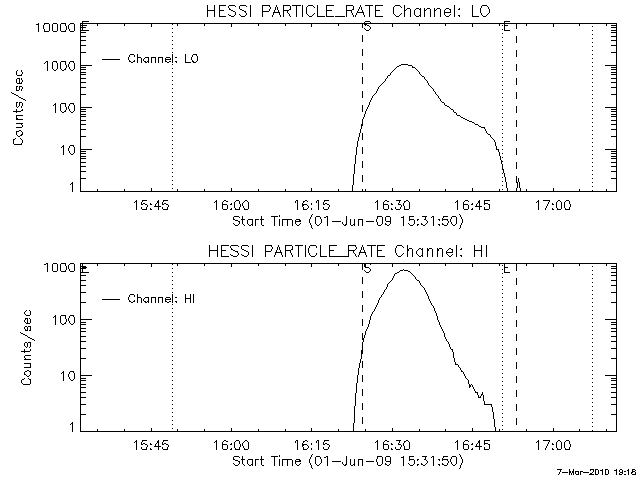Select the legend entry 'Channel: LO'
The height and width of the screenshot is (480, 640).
[x=165, y=59]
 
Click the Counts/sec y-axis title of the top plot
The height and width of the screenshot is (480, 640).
[x=19, y=107]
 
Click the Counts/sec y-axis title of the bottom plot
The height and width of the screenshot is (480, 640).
[x=19, y=347]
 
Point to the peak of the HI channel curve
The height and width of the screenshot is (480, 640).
[x=405, y=270]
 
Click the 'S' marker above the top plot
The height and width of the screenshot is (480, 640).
[x=367, y=27]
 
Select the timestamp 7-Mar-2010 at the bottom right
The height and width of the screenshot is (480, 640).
[x=597, y=471]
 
